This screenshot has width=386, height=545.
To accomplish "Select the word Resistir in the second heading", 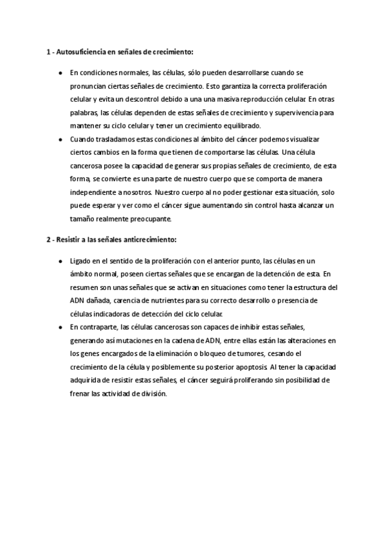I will [x=69, y=239].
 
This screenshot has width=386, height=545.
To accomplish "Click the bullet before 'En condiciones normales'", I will [x=60, y=73].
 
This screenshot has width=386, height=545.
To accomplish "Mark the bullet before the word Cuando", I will [x=60, y=139].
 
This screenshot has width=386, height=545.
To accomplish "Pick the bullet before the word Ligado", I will [x=60, y=260].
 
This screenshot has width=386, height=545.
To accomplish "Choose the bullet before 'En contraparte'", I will [x=60, y=327].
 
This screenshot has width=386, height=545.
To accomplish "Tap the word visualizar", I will [x=303, y=139].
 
